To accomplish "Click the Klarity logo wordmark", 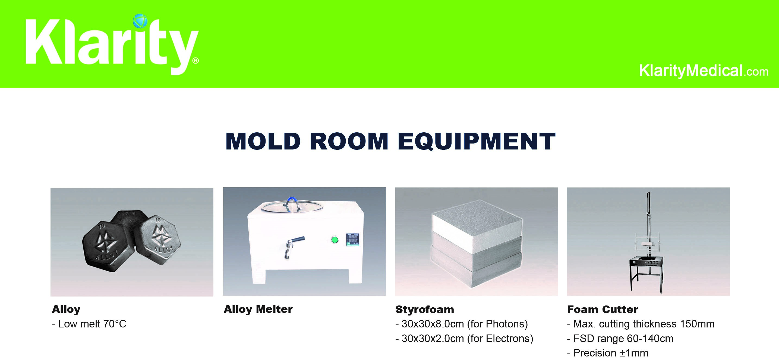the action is click(112, 45).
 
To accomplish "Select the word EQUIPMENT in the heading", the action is click(476, 141).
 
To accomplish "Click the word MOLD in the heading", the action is click(263, 141).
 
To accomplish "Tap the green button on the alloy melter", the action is click(334, 240).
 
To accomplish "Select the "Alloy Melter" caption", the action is click(258, 309).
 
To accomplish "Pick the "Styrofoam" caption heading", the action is click(425, 310).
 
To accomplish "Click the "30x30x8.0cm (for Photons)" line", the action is click(462, 324).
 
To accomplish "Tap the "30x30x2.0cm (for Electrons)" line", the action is click(464, 339).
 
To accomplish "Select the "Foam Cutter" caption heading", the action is click(603, 310).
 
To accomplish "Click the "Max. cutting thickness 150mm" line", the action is click(641, 324).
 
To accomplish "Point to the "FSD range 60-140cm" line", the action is click(620, 339).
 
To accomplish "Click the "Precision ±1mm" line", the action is click(608, 353).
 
